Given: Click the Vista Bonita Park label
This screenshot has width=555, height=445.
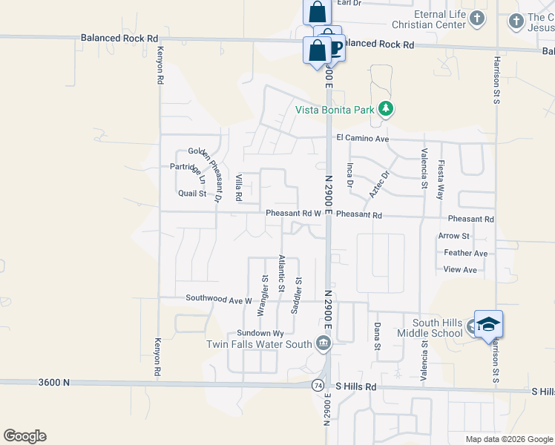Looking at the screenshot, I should [332, 110].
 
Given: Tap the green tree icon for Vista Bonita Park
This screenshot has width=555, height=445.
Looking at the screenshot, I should [385, 110].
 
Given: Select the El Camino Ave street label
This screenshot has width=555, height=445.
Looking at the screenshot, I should [363, 138].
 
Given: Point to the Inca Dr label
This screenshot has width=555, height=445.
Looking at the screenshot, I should [349, 174].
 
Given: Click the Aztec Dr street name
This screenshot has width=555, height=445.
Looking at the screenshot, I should [379, 185].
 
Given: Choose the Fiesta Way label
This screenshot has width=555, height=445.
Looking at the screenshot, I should [441, 179].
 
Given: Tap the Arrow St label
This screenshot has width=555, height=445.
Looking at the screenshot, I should [454, 236].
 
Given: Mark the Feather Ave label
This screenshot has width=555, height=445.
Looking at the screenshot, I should [465, 253].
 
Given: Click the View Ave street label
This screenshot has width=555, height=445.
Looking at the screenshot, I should [460, 270].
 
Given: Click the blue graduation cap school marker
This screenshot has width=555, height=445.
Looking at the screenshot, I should [488, 324].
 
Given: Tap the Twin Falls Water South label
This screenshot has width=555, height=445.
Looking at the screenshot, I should [258, 344].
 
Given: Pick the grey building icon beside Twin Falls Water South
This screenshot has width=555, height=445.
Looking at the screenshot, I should [324, 343].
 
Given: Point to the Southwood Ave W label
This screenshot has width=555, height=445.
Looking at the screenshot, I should [219, 299].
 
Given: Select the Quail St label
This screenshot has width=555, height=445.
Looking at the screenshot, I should [191, 194].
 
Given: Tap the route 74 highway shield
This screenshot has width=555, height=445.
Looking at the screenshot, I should [318, 386].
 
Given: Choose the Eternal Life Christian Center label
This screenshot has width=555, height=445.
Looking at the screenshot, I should [429, 20].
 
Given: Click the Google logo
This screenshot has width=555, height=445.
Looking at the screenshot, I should [24, 436].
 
